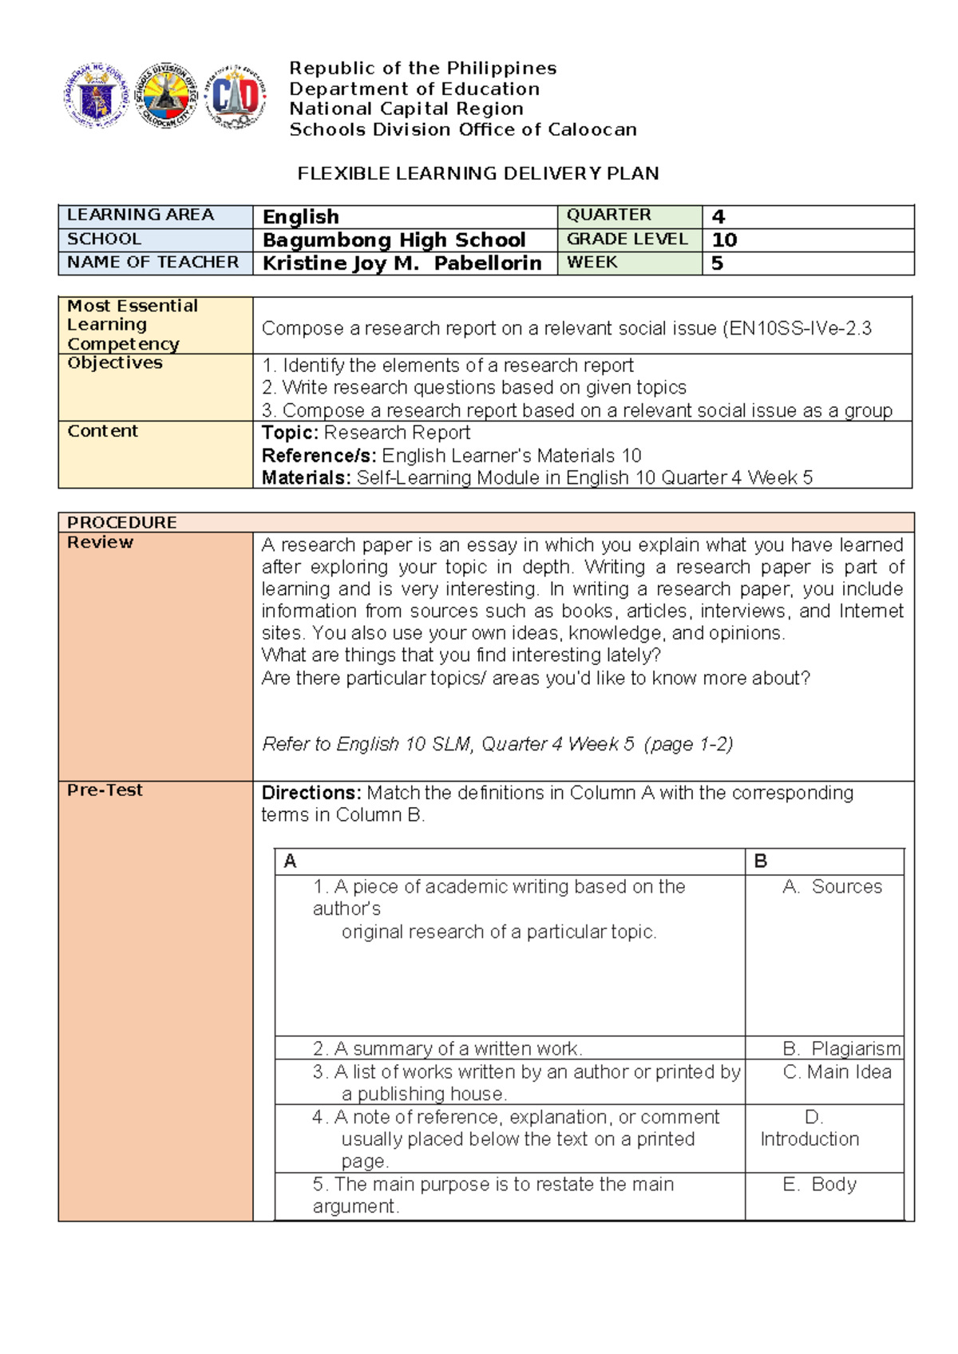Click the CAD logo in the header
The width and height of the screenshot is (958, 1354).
(x=235, y=97)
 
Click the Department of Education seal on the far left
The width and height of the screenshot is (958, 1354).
(x=97, y=97)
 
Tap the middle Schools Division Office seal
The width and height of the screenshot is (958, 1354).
(x=165, y=96)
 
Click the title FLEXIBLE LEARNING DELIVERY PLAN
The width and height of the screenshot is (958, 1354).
(x=477, y=174)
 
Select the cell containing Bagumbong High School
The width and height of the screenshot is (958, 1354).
(x=394, y=240)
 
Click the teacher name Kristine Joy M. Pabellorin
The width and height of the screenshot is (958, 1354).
(x=402, y=263)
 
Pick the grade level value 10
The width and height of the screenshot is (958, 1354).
(x=724, y=240)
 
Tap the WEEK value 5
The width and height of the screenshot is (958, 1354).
(x=717, y=263)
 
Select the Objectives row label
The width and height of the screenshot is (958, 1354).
(x=115, y=363)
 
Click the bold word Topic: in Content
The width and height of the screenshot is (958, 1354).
(x=291, y=433)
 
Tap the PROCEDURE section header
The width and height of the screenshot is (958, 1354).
(x=122, y=522)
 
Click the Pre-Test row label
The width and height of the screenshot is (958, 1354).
(x=105, y=790)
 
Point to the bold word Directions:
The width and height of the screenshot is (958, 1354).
(x=311, y=793)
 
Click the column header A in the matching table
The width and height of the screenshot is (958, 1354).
(x=290, y=861)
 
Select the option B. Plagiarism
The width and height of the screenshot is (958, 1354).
(x=841, y=1048)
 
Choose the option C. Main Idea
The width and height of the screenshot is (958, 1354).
(x=837, y=1072)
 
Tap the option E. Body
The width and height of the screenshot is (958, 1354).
(x=820, y=1184)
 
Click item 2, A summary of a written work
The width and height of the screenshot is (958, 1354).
(x=447, y=1048)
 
